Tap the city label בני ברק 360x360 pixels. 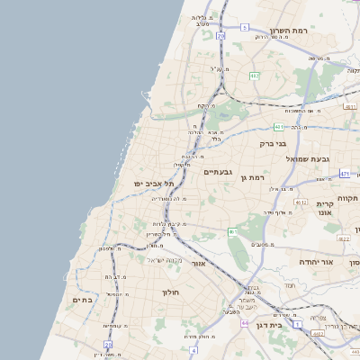[x=273, y=142]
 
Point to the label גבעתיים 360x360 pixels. [x=219, y=171]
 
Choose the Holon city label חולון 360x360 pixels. [x=172, y=292]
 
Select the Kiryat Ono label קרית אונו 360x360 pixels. [x=326, y=210]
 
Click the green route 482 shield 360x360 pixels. [x=255, y=76]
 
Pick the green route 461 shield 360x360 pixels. [x=233, y=232]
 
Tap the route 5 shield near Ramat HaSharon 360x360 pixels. [x=243, y=28]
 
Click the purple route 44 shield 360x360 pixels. [x=245, y=322]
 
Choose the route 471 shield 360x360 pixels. [x=345, y=173]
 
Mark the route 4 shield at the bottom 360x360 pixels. [x=193, y=349]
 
